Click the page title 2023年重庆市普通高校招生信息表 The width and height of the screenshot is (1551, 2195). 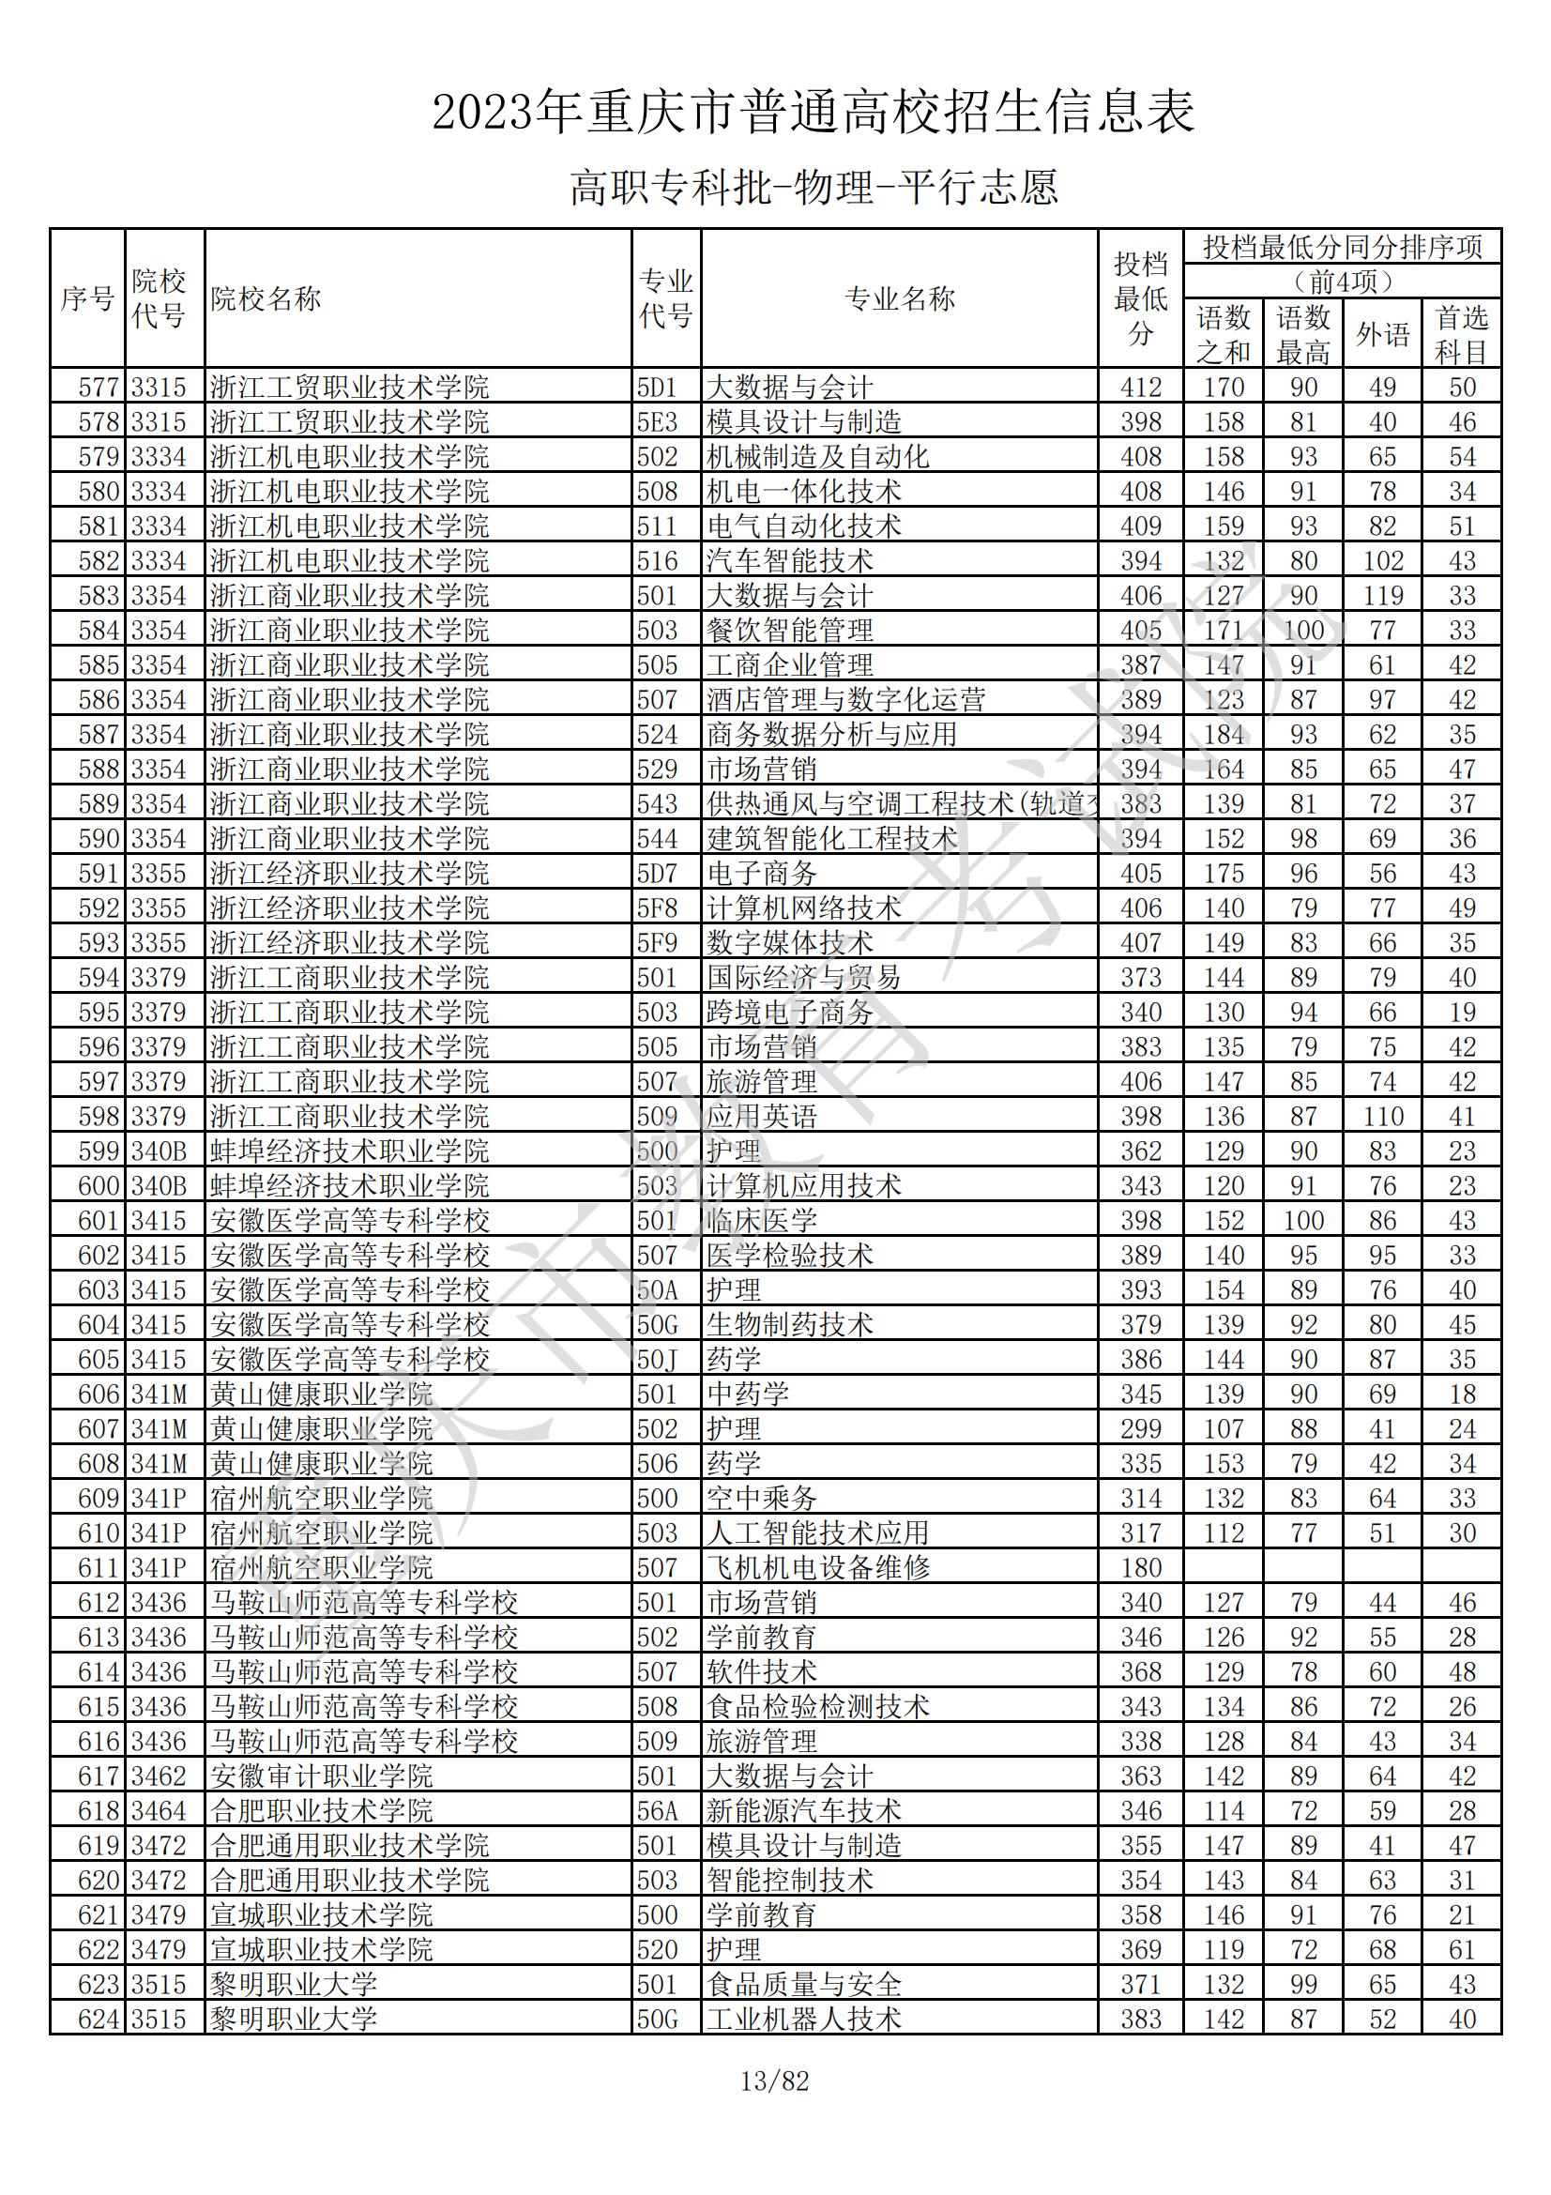pos(814,113)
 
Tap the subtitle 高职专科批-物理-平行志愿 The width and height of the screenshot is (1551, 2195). pos(814,188)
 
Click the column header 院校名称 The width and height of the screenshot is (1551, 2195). pos(266,299)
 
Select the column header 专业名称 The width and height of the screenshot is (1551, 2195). pos(899,299)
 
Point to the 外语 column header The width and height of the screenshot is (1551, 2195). pos(1382,334)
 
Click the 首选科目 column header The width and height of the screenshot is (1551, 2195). pos(1461,334)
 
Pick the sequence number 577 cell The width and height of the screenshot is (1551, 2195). pos(99,388)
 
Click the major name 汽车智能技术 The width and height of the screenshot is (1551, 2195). pos(789,561)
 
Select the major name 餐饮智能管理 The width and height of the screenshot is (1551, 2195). pos(789,630)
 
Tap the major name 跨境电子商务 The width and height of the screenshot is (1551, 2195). pos(789,1013)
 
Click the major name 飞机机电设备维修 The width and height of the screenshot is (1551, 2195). pos(818,1568)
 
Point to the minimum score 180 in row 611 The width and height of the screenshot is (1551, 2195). pos(1141,1568)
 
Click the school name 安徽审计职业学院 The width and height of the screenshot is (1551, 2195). pos(322,1776)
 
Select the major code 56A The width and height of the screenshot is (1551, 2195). pos(658,1810)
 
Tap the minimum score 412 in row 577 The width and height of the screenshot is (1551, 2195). pos(1141,388)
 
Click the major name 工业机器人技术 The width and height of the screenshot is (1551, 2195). pos(804,2020)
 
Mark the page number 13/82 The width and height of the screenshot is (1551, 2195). pos(775,2081)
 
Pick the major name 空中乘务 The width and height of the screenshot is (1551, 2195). pos(762,1498)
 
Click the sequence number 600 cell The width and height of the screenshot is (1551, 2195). pos(99,1185)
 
